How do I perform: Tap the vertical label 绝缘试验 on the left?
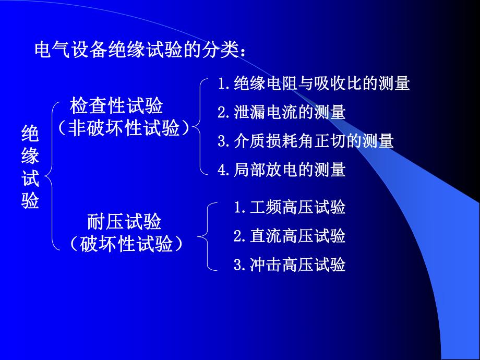coord(30,167)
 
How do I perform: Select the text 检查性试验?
coord(116,106)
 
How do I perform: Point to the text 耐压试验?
coord(124,223)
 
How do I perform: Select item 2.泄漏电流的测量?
coord(282,112)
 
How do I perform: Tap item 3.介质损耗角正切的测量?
coord(306,141)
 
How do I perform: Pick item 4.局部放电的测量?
coord(282,170)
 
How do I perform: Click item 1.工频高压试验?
coord(290,208)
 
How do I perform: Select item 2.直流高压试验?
coord(290,236)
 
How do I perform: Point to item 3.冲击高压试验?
coord(290,265)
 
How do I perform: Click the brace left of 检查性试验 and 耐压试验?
coord(52,175)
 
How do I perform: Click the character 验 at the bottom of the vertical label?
coord(30,201)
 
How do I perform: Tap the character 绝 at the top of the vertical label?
coord(30,134)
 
